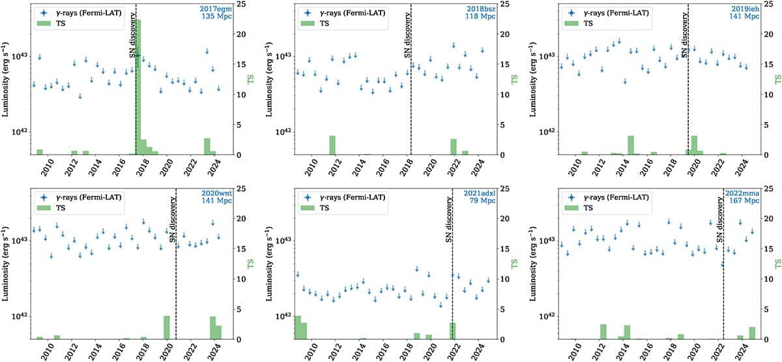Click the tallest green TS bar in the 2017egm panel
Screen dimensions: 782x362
tap(138, 87)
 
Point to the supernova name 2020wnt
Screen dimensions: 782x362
tap(216, 193)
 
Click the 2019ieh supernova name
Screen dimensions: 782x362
tap(745, 9)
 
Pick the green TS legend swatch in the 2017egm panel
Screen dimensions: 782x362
tap(44, 23)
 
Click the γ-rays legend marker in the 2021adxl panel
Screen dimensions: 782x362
tap(308, 198)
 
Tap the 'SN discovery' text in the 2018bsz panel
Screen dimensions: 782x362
tap(407, 35)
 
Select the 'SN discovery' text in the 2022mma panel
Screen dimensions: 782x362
tap(719, 219)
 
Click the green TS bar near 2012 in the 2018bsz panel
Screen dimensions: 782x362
tap(332, 145)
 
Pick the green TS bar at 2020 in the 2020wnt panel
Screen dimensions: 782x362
tap(167, 327)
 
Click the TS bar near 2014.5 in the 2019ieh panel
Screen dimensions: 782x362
tap(631, 145)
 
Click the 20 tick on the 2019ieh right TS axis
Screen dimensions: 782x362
tap(769, 34)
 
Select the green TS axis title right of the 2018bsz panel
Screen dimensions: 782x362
tap(514, 80)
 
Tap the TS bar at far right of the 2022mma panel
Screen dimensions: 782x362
tap(752, 333)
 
